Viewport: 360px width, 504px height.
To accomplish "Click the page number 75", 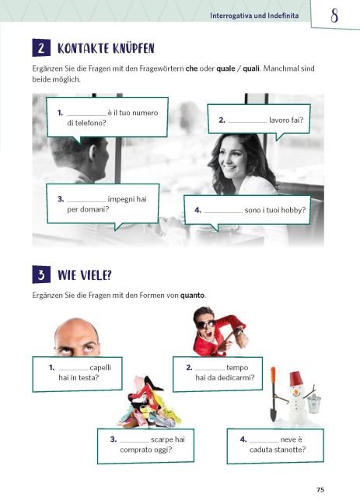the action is tap(320, 490).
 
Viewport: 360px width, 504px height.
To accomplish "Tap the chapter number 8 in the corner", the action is tap(334, 16).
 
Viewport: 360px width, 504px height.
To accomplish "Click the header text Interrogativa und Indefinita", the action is tap(254, 16).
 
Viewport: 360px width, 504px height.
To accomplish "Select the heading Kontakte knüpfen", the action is tap(106, 48).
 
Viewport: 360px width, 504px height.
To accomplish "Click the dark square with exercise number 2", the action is tap(41, 47).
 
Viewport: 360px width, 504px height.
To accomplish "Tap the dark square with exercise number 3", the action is tap(41, 275).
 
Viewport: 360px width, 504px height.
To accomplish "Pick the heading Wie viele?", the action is tap(85, 275).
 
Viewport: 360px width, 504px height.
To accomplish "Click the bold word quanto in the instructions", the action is tap(192, 295).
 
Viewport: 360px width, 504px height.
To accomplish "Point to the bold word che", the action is tap(191, 68).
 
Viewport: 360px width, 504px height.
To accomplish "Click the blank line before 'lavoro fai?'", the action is tap(247, 122).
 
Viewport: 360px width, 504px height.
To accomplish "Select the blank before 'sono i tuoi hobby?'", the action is tap(223, 212).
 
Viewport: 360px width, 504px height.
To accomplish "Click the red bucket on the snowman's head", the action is tap(296, 378).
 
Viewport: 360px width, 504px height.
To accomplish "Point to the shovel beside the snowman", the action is tap(273, 394).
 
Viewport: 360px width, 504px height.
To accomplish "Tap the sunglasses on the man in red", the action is tap(204, 324).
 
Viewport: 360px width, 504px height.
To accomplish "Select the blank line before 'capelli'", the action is tap(73, 370).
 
